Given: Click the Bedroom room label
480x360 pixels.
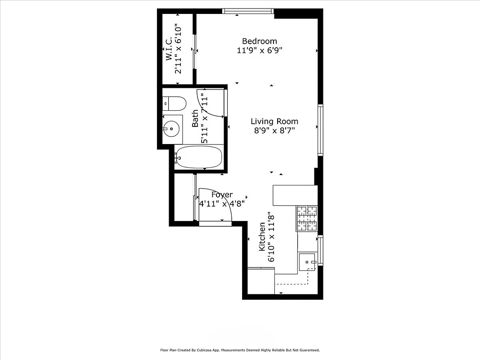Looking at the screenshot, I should point(260,41).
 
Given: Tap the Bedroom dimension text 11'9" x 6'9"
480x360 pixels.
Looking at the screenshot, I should point(260,50).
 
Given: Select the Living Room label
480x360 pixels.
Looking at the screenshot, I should point(274,121).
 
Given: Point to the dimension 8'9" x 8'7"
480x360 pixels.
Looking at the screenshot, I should point(274,130).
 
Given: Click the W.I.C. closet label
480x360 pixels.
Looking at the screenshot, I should point(169,49).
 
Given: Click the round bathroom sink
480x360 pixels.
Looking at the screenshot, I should point(171,129).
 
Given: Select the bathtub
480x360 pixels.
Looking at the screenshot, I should point(198,157).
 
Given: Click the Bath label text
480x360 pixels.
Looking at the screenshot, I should point(195,119).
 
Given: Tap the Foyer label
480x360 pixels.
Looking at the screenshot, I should point(222,195).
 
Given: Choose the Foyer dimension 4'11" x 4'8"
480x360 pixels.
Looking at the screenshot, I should point(222,203).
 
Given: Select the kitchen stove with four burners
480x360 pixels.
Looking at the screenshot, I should point(306,218).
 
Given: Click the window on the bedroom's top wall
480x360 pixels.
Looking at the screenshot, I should point(248,11).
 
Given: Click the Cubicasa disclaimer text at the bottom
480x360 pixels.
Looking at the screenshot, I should point(240,350).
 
